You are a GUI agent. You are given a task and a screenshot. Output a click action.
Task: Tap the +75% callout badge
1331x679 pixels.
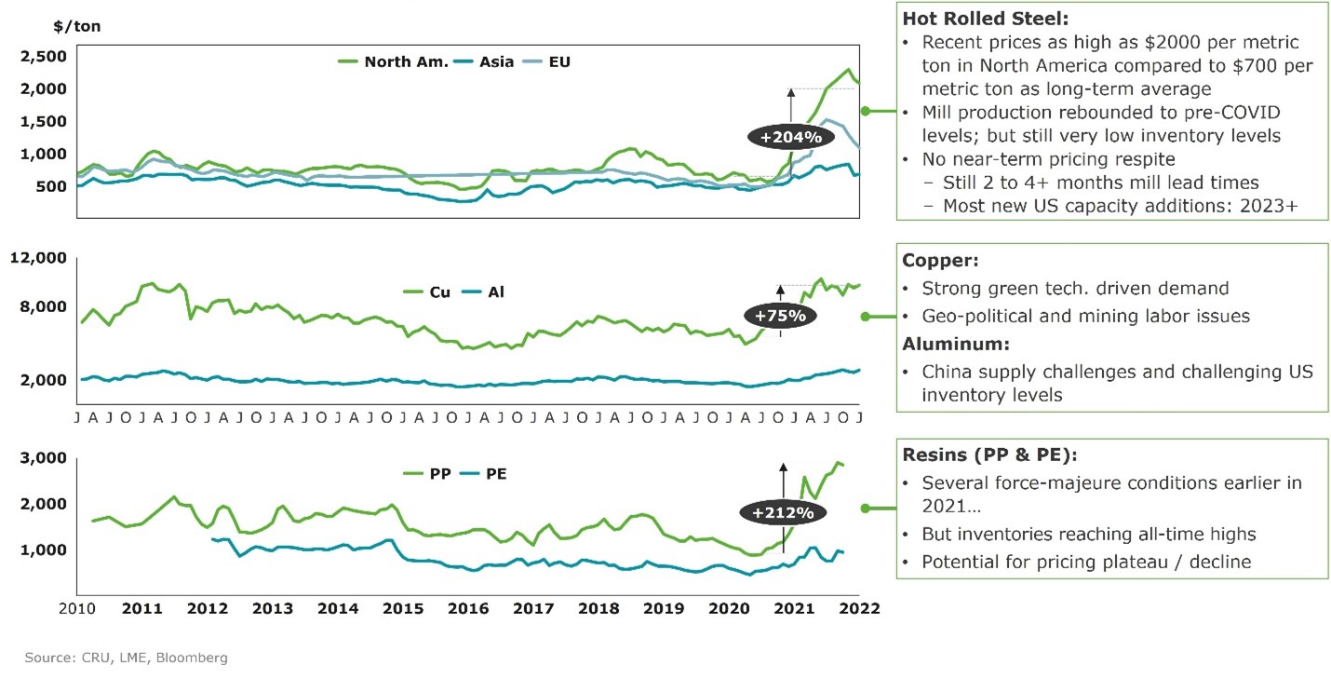click(780, 315)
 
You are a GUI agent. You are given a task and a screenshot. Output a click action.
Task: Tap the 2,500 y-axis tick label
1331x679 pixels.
click(43, 57)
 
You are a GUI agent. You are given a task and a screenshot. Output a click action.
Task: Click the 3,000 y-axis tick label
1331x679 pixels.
click(43, 458)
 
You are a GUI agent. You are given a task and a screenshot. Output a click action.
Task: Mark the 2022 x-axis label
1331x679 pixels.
click(859, 608)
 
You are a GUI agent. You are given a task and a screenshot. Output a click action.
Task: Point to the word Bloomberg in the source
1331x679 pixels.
click(194, 658)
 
